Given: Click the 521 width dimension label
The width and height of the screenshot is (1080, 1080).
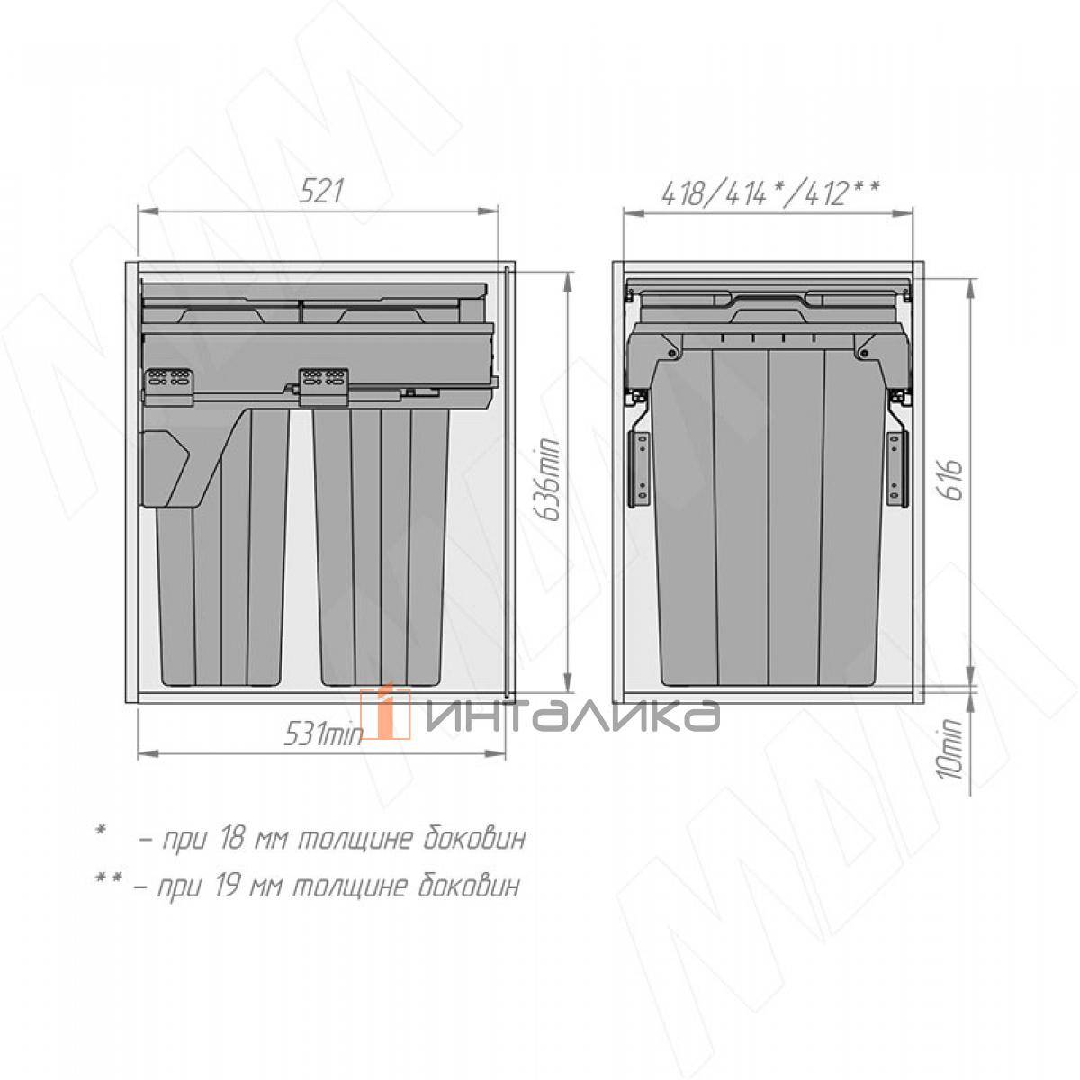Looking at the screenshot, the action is pos(320,191).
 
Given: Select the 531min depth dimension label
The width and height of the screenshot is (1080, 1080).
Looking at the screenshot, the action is pos(323,733).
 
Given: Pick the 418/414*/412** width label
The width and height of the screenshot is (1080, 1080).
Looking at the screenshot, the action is pos(769,194).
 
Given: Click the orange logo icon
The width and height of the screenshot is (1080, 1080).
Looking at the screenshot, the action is pos(385,713).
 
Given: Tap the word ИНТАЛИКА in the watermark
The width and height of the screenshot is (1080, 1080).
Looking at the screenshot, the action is pos(572,715).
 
